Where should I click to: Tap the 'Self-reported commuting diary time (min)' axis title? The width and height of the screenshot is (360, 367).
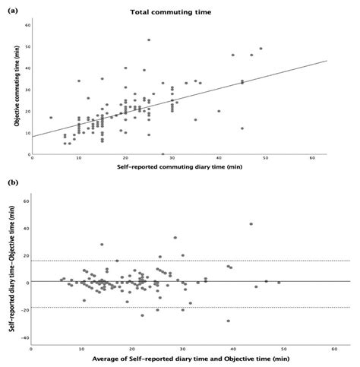point(180,166)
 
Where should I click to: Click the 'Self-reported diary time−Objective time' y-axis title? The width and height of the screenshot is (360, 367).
point(14,267)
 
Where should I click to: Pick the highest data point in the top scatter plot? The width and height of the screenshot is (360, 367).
point(149,40)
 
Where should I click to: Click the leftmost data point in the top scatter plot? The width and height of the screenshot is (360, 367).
point(51,118)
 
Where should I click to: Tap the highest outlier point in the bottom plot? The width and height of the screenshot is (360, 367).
point(251,223)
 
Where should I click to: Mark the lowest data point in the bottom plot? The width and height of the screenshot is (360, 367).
point(228,321)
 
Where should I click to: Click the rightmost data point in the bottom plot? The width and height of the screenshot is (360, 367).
point(279,282)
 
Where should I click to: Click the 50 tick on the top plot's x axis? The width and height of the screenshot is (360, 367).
point(265,157)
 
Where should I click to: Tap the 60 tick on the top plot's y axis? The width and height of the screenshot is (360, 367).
point(27,25)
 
